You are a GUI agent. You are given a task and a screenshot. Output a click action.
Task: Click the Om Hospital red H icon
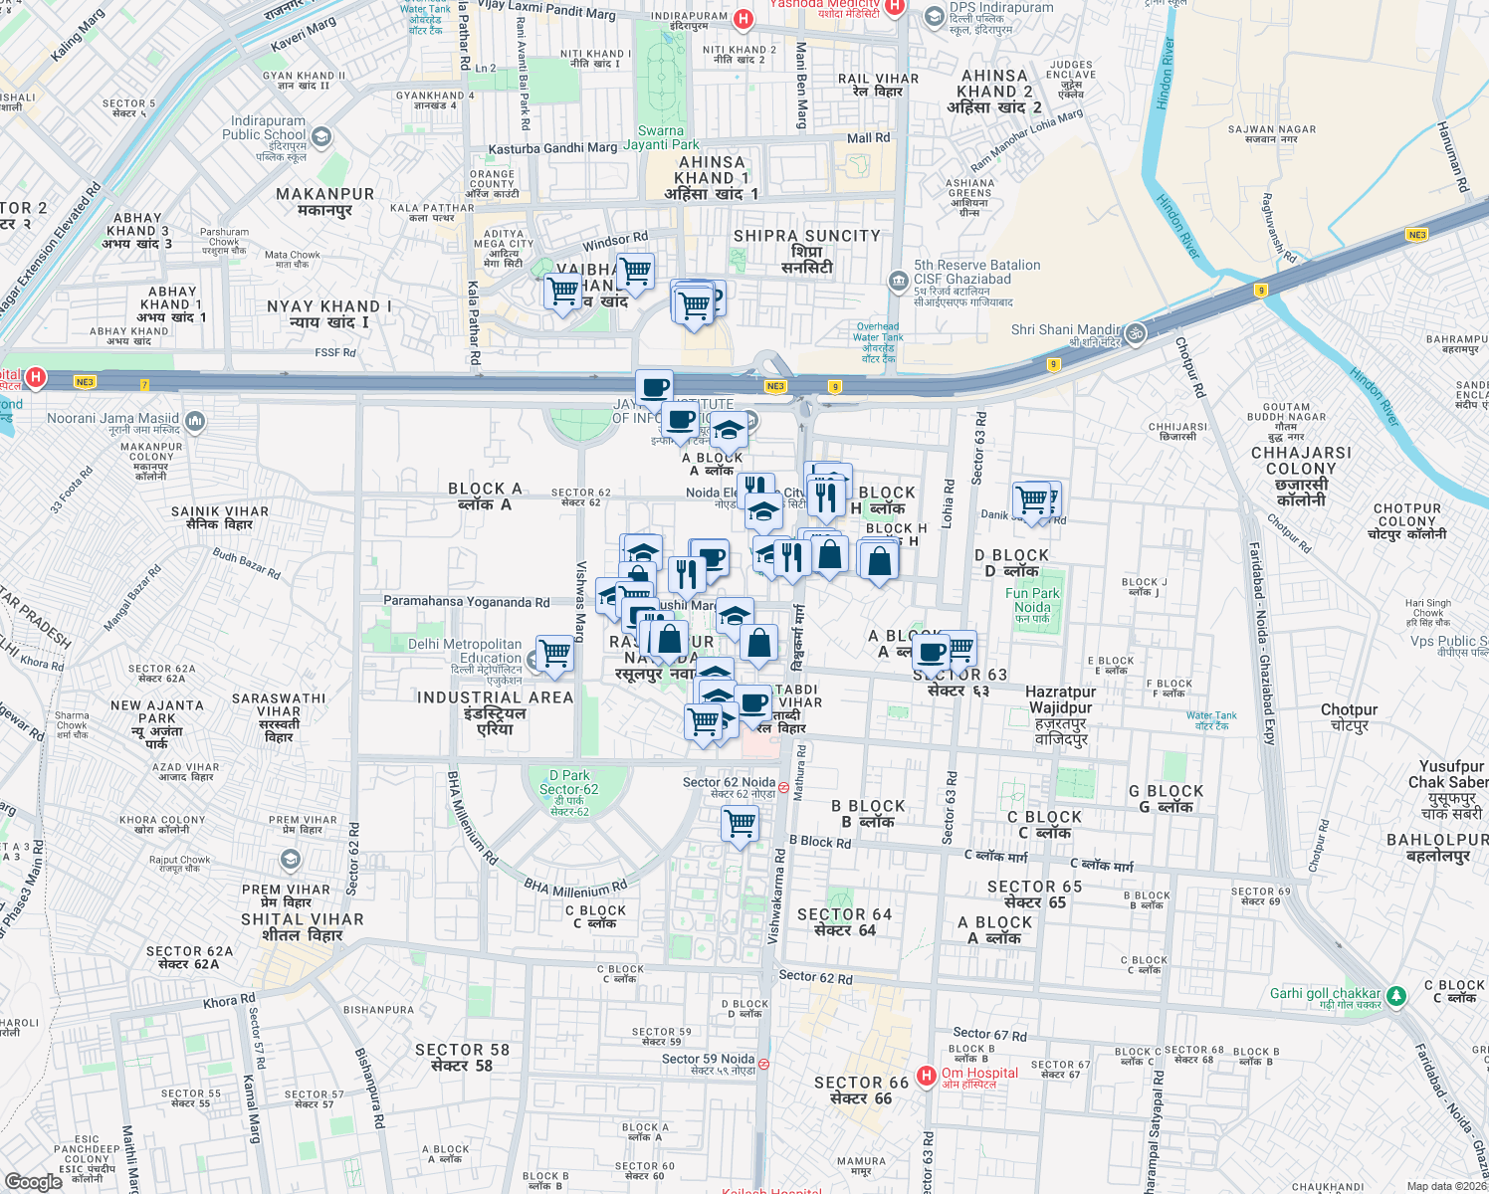tap(927, 1076)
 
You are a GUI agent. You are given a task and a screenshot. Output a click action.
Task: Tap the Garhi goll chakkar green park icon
tap(1396, 995)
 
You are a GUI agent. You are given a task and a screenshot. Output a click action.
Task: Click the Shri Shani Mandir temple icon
tap(1136, 332)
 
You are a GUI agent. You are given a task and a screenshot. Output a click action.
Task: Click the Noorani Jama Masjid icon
tap(195, 422)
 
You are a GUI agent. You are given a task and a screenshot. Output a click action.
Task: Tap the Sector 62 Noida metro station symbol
tap(783, 787)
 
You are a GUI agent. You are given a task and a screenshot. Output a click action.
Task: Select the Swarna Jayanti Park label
tap(661, 137)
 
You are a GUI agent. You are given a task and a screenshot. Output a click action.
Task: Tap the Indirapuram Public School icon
tap(321, 137)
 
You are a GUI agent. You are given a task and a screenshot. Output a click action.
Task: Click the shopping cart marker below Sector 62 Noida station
tap(740, 824)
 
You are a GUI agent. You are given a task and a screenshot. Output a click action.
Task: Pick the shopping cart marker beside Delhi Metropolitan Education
tap(554, 654)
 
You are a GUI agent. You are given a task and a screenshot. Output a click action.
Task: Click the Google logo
tap(34, 1181)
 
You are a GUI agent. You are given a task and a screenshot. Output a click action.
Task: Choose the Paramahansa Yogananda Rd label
tap(466, 602)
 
